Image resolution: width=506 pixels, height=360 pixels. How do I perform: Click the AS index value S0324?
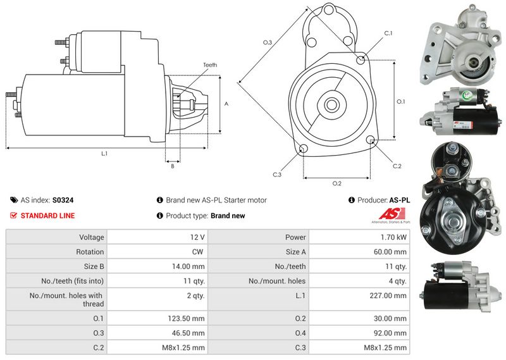[63, 200]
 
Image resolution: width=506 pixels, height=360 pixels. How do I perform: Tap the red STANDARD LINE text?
[47, 216]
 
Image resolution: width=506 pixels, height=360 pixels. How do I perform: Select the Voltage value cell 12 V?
[197, 237]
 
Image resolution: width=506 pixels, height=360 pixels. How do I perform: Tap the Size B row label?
[93, 266]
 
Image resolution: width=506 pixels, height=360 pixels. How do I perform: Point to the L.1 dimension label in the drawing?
[104, 153]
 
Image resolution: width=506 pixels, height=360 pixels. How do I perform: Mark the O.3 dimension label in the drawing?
[268, 42]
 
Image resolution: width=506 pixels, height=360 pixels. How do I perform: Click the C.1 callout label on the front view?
[388, 33]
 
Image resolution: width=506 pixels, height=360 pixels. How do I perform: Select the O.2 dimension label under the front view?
[337, 183]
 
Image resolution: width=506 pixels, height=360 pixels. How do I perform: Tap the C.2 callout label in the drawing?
[397, 166]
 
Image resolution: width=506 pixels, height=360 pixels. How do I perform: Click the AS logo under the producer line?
[392, 215]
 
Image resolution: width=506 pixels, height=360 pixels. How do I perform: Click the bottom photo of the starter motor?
[457, 288]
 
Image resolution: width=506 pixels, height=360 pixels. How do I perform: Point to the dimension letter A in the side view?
[226, 103]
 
